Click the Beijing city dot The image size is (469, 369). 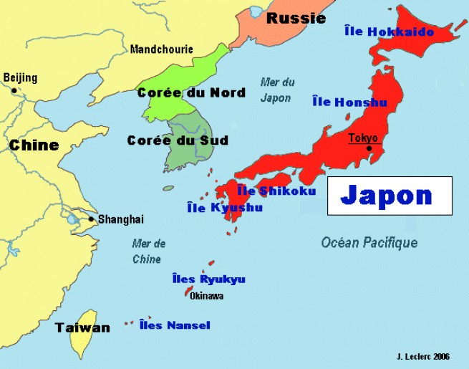14,90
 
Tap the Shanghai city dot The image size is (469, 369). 92,219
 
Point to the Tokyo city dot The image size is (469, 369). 369,148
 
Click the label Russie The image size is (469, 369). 296,19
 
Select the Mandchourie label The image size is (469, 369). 162,49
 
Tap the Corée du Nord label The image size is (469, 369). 191,92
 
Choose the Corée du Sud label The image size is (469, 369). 178,140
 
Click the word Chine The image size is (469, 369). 34,145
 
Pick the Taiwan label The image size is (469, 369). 83,327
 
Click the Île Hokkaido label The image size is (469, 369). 390,32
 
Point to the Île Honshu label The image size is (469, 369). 349,102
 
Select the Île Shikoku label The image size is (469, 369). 276,191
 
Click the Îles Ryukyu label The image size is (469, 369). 209,279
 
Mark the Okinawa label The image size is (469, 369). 207,295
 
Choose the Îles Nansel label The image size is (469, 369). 175,325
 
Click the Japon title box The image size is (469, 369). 390,196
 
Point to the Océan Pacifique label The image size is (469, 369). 369,243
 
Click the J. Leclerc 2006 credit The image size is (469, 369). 422,356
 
